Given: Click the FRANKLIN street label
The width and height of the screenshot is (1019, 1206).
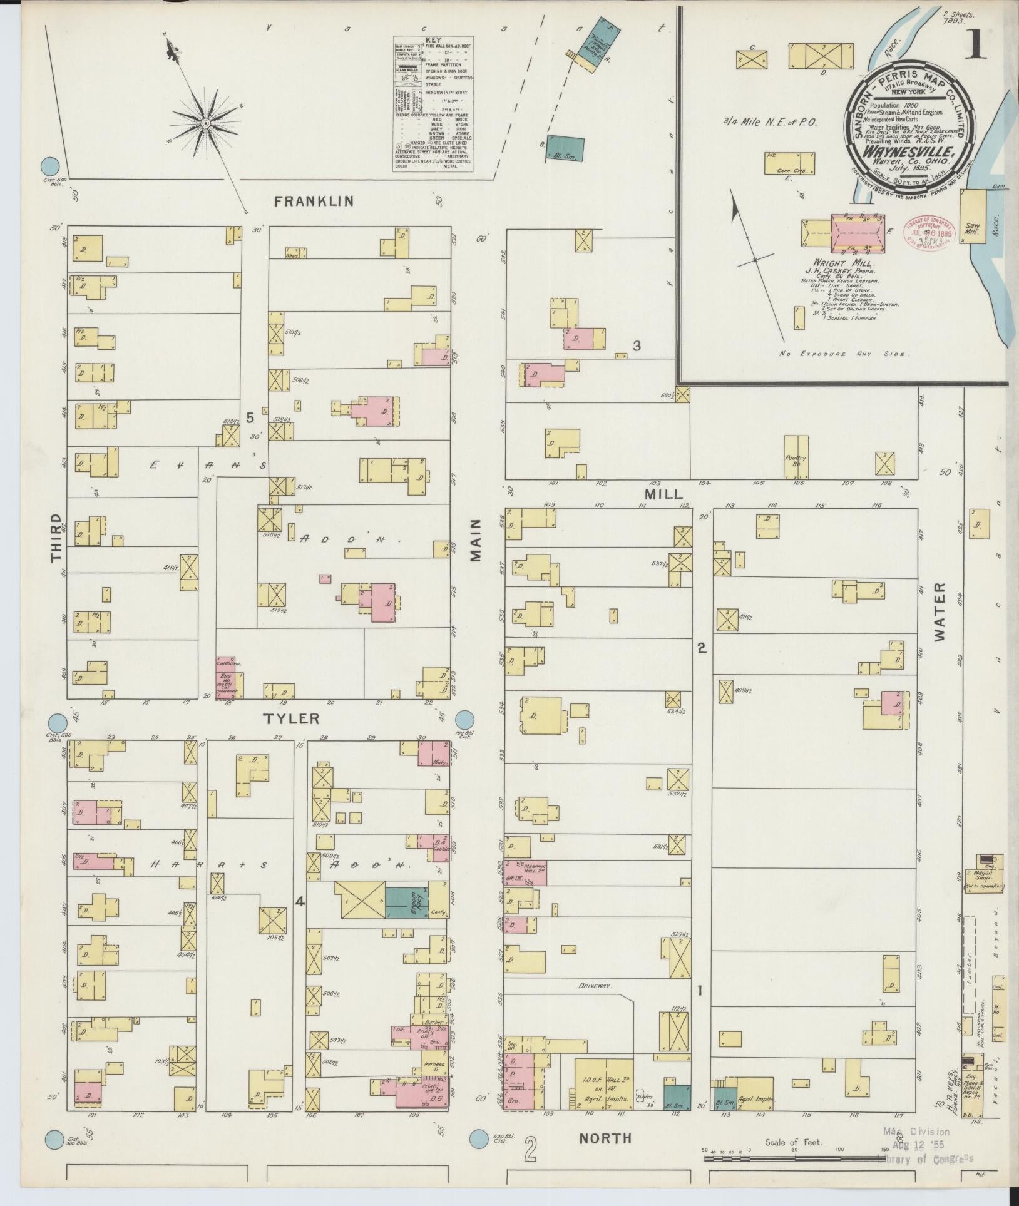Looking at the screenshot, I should [314, 201].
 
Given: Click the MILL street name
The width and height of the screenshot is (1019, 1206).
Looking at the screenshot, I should [663, 494].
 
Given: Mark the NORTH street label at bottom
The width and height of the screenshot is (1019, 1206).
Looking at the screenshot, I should [605, 1138].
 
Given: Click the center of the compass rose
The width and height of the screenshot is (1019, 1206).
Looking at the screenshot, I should [206, 123].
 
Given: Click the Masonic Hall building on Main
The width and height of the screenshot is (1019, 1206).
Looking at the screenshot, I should [526, 872].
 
